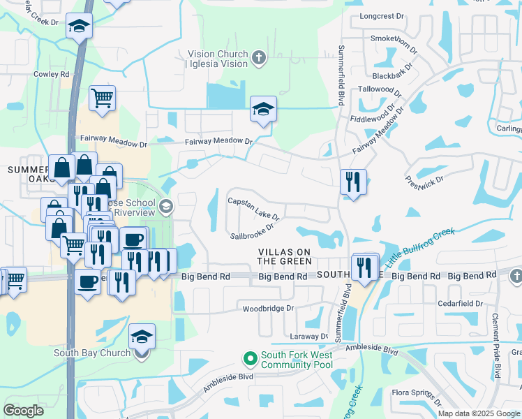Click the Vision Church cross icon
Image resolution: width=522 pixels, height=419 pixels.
pos(259,58)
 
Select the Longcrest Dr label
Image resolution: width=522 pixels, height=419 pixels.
pos(382,15)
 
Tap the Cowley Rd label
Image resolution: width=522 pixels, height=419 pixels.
pos(52,74)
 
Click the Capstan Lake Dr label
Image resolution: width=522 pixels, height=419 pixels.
pos(254,209)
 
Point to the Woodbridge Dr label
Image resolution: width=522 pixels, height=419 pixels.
pos(269,308)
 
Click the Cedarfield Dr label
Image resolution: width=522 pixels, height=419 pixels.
pos(460,304)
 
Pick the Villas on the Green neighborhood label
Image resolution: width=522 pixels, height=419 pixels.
pos(284,256)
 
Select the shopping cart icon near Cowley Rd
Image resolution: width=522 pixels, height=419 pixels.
pos(102,97)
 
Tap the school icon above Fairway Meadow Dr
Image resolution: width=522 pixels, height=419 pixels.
pos(263,109)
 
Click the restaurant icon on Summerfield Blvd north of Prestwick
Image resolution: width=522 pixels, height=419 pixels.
pos(353,182)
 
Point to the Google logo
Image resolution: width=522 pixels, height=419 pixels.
pos(24,410)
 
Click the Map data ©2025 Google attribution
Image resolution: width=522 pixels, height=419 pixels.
pos(479,413)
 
